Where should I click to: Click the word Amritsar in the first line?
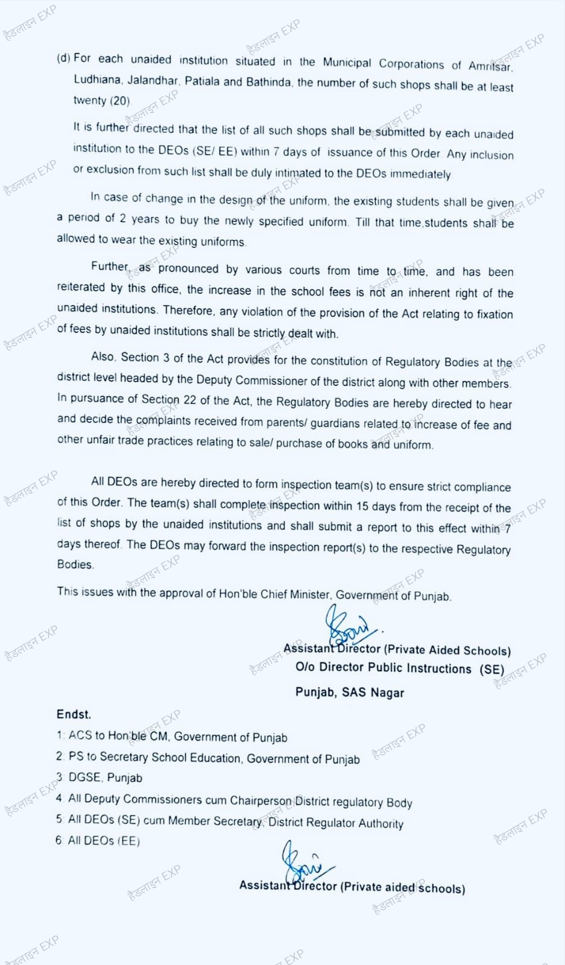pos(490,66)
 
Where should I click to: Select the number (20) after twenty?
pos(119,101)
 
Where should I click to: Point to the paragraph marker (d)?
pos(63,59)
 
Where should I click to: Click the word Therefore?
pos(188,311)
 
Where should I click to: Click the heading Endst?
pos(74,715)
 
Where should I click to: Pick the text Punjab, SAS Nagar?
pos(349,692)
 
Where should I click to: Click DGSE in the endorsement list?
pos(84,777)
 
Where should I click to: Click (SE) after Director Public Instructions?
pos(491,669)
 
